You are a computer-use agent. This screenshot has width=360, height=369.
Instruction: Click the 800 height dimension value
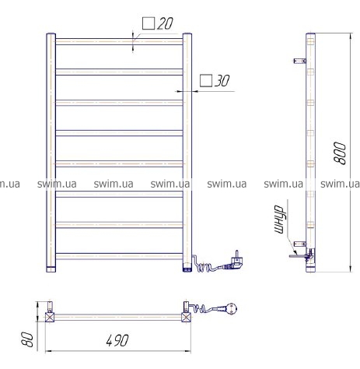[340, 153]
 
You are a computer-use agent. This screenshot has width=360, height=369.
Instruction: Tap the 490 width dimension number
[117, 340]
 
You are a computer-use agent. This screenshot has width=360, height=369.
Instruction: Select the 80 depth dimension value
[27, 339]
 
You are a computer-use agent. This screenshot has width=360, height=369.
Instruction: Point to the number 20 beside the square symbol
[165, 23]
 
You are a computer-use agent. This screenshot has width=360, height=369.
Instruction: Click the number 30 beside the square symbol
[222, 81]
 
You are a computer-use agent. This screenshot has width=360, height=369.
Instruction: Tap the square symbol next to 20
[149, 23]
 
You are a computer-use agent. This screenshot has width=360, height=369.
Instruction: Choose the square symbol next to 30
[206, 81]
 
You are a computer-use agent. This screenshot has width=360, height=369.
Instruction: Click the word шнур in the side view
[279, 220]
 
